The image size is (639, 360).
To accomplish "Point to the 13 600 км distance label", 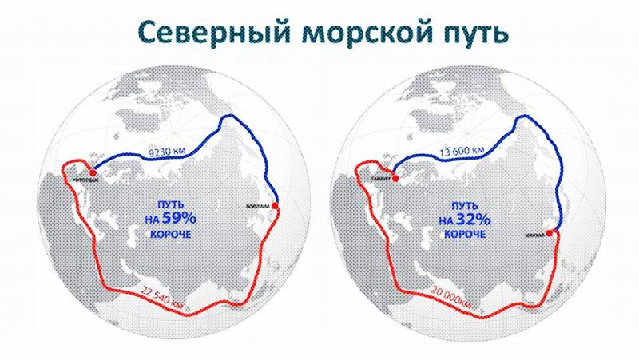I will click(x=461, y=149).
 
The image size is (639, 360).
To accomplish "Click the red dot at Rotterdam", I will click(x=93, y=171).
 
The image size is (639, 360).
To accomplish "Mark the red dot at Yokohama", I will click(x=276, y=206).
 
